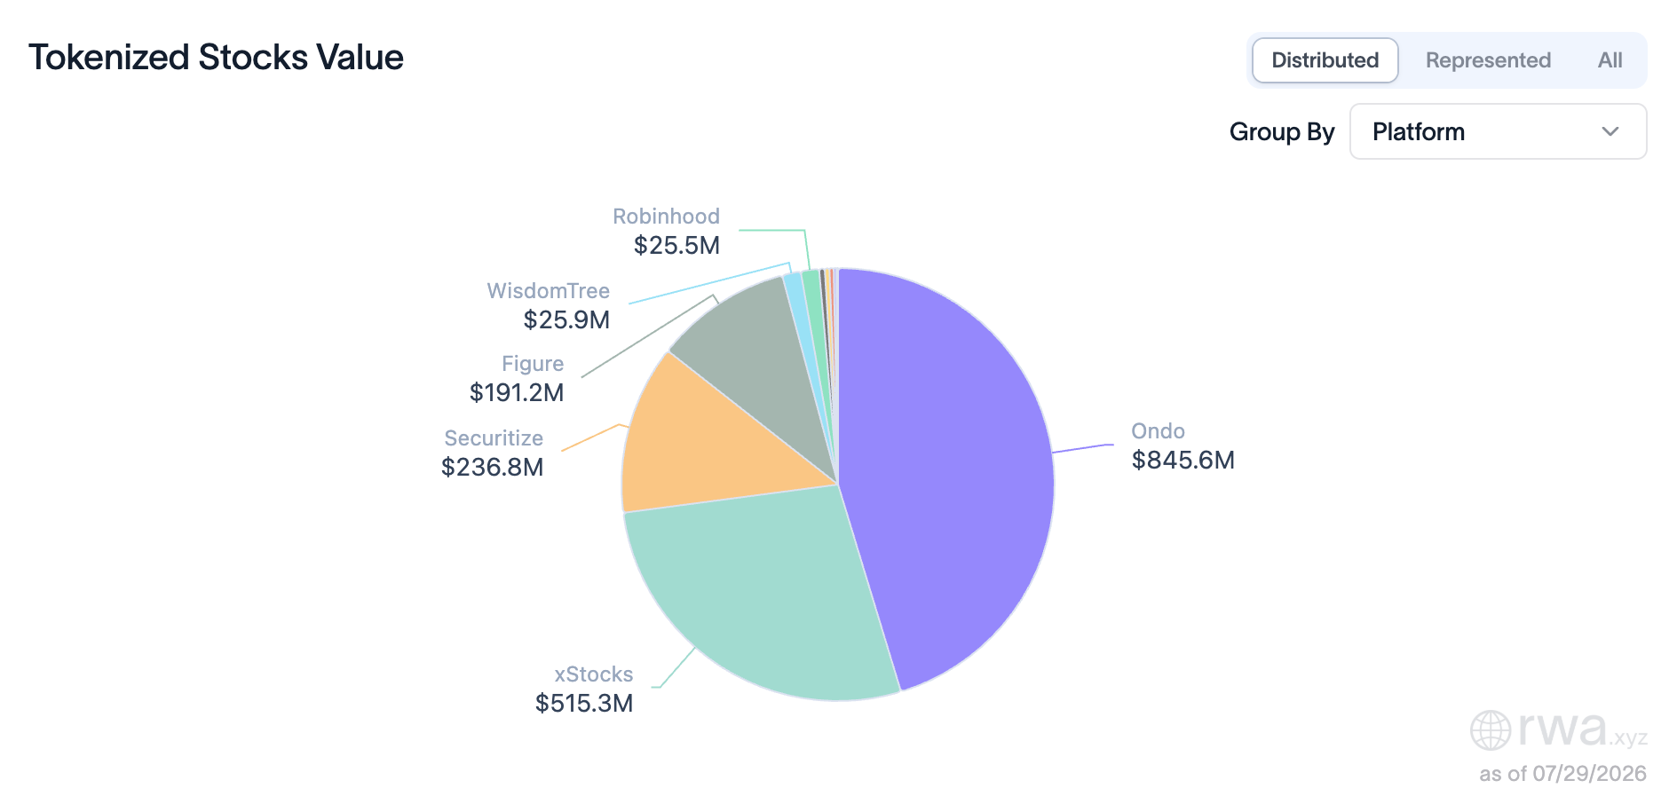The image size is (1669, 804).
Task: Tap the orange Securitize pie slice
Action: [701, 444]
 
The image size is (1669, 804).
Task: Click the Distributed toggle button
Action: [1325, 60]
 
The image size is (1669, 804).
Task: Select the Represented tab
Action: [1488, 60]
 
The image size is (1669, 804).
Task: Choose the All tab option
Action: [1610, 60]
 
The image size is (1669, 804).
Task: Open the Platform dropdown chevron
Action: [1610, 131]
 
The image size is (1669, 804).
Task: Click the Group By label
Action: [1282, 131]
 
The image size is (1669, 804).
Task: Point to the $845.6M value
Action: [1183, 460]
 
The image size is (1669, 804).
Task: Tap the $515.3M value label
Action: [584, 703]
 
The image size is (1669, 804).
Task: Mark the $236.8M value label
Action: [492, 467]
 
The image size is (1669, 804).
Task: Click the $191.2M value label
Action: [517, 392]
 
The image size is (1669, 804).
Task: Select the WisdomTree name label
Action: [549, 290]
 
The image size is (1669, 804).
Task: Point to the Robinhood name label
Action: [666, 216]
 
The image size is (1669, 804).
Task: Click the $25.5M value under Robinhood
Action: [676, 245]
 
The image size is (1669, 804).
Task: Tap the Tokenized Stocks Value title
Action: [216, 57]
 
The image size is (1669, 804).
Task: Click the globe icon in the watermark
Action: [1491, 730]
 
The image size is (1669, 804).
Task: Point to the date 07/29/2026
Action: [1589, 774]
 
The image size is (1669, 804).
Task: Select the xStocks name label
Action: [594, 674]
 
